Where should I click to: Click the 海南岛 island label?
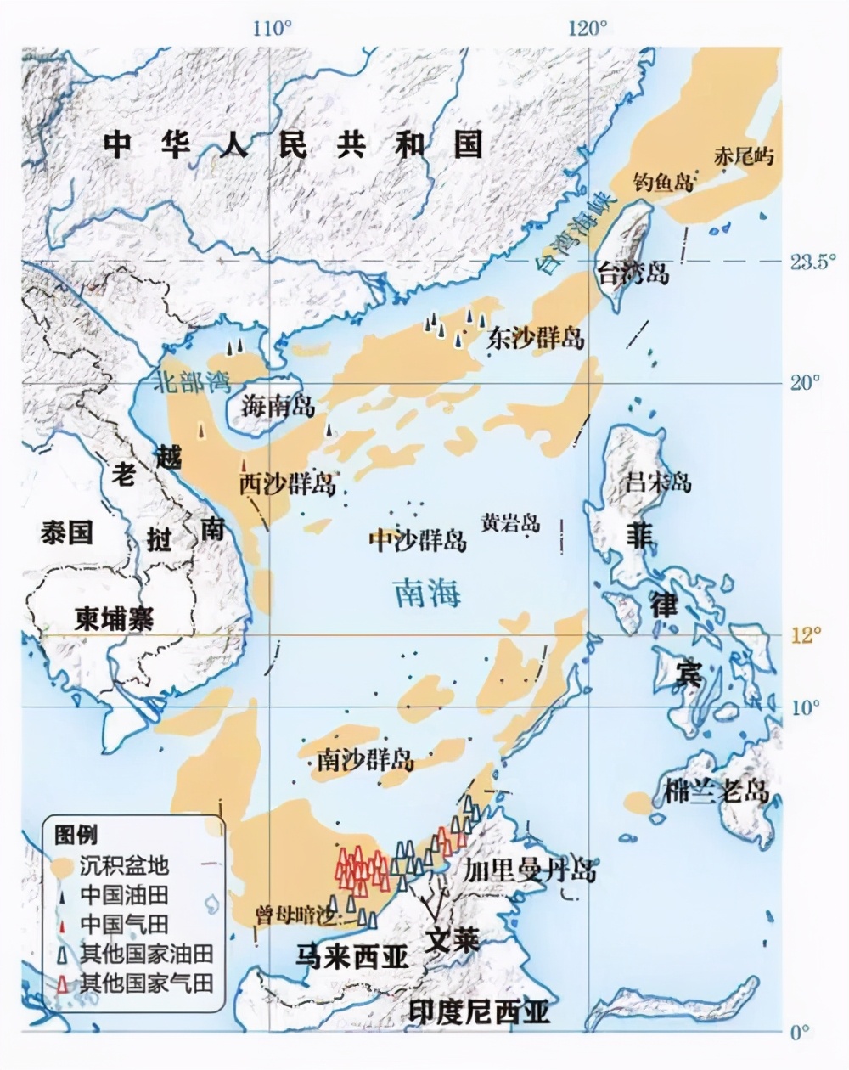(x=278, y=406)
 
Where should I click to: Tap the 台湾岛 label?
(x=633, y=273)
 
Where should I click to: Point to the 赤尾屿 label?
(x=745, y=156)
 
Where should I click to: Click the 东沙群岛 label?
(x=536, y=338)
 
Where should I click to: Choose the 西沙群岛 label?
(x=287, y=484)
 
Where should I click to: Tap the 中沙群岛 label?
(x=418, y=540)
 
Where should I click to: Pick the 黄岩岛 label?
(x=509, y=521)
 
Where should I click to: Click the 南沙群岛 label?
(x=366, y=759)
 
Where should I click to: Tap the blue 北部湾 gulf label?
(x=192, y=381)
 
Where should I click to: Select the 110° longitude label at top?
(x=272, y=28)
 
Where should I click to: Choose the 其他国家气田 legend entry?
(x=145, y=983)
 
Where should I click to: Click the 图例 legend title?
(x=76, y=834)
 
